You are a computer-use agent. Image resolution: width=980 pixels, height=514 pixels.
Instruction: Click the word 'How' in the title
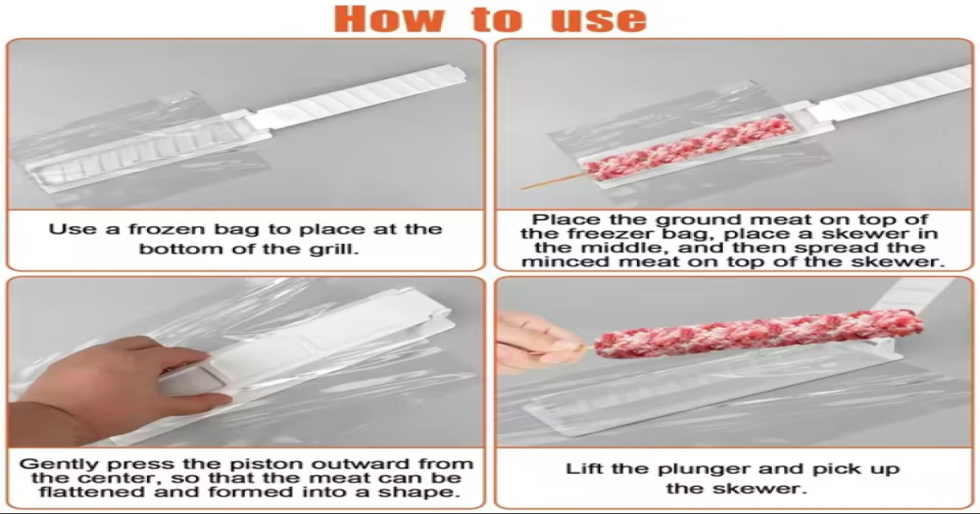point(389,19)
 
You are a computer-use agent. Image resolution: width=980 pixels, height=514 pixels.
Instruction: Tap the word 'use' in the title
point(599,20)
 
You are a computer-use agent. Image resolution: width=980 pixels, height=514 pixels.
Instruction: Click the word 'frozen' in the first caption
point(162,229)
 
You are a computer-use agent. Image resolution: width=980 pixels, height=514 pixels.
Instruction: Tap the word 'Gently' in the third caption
point(60,464)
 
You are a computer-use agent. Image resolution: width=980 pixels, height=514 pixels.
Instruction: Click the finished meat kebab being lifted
point(759,333)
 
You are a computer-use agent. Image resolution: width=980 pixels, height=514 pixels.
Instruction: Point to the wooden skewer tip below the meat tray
point(522,188)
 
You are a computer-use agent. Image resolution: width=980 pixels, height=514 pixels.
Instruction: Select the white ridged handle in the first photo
point(363,96)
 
